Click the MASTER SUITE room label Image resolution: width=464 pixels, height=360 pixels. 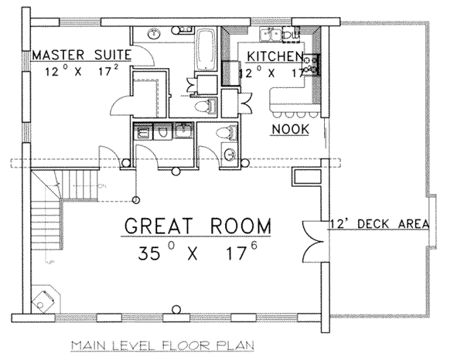tap(80, 55)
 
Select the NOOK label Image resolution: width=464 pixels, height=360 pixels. tap(288, 130)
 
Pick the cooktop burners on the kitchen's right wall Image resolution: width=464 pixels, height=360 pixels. tap(314, 63)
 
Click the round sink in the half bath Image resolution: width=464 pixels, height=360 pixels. tap(230, 155)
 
